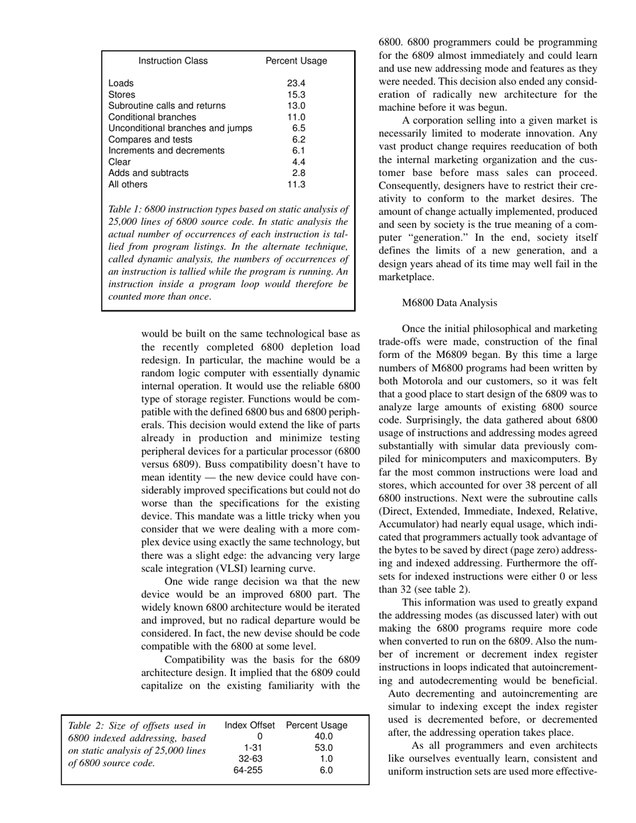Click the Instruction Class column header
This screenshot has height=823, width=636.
173,61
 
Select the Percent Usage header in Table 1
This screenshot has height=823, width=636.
296,61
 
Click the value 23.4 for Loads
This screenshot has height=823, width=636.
296,84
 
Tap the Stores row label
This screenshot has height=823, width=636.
122,95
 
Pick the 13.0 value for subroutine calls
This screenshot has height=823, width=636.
296,106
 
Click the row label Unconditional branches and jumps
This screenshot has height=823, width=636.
180,128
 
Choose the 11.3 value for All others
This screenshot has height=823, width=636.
296,185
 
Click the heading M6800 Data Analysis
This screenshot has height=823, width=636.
449,303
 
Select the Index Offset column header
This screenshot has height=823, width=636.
250,725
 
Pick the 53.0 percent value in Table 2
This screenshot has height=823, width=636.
324,748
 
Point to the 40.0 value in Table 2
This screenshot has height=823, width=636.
324,737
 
